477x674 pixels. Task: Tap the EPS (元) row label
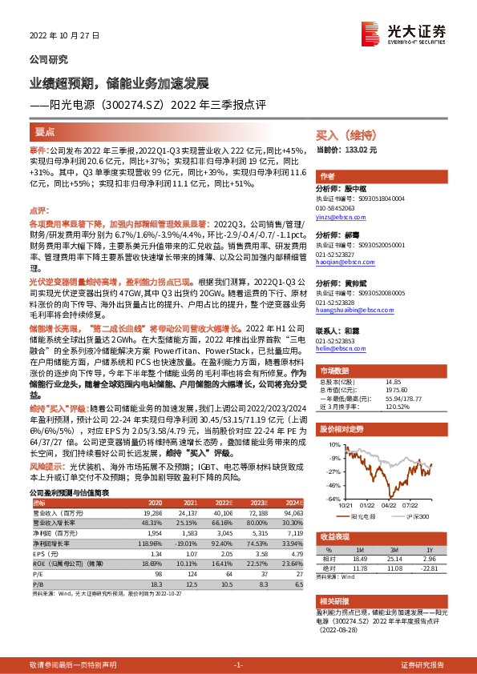(44, 553)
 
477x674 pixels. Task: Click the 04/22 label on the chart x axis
(389, 505)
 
